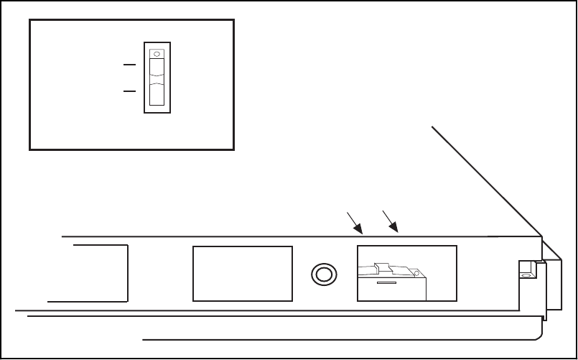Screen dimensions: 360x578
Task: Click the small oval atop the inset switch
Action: tap(157, 53)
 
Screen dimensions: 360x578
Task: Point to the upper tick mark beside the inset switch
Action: tap(129, 65)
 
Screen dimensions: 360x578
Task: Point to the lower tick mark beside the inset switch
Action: tap(129, 92)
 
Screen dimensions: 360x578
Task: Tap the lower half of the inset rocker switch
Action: tap(157, 95)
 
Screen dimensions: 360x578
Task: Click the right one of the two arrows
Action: tap(391, 221)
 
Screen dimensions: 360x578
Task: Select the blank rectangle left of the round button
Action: tap(243, 273)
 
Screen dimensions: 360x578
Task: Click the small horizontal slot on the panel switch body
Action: tap(386, 284)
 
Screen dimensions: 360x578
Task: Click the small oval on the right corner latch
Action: tap(526, 275)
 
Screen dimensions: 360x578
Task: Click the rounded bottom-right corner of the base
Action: tap(538, 334)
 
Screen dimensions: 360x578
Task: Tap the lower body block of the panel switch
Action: tap(391, 290)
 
